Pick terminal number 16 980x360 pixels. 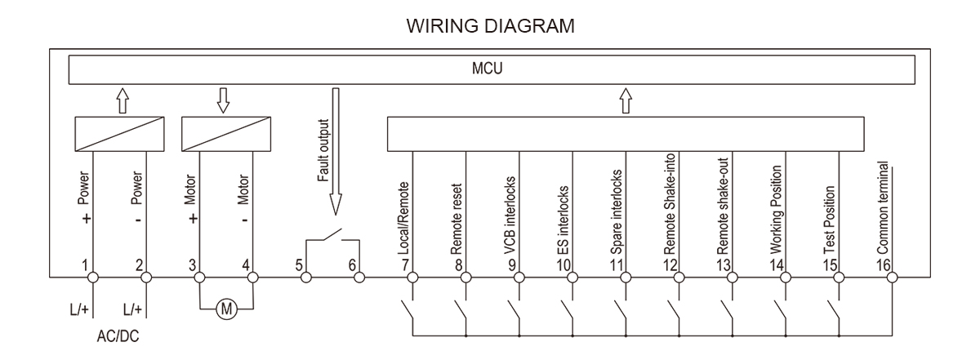(885, 264)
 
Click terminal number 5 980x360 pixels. (299, 264)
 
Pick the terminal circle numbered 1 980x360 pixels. (94, 278)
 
